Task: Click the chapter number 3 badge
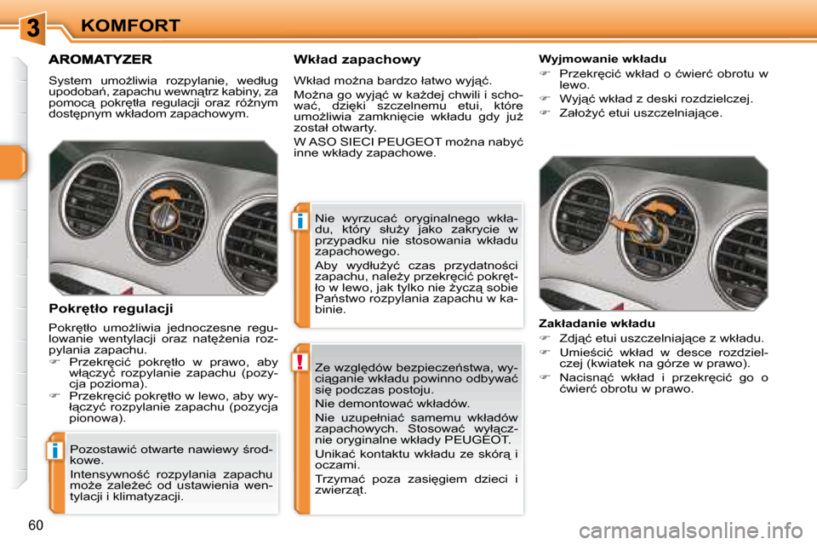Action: point(31,28)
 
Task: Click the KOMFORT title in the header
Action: point(130,26)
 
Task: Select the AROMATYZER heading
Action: point(100,60)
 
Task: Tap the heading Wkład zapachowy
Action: point(357,60)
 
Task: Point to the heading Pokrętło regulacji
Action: point(111,308)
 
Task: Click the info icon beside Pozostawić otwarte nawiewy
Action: point(54,450)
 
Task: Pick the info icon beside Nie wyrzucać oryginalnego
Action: point(301,222)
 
